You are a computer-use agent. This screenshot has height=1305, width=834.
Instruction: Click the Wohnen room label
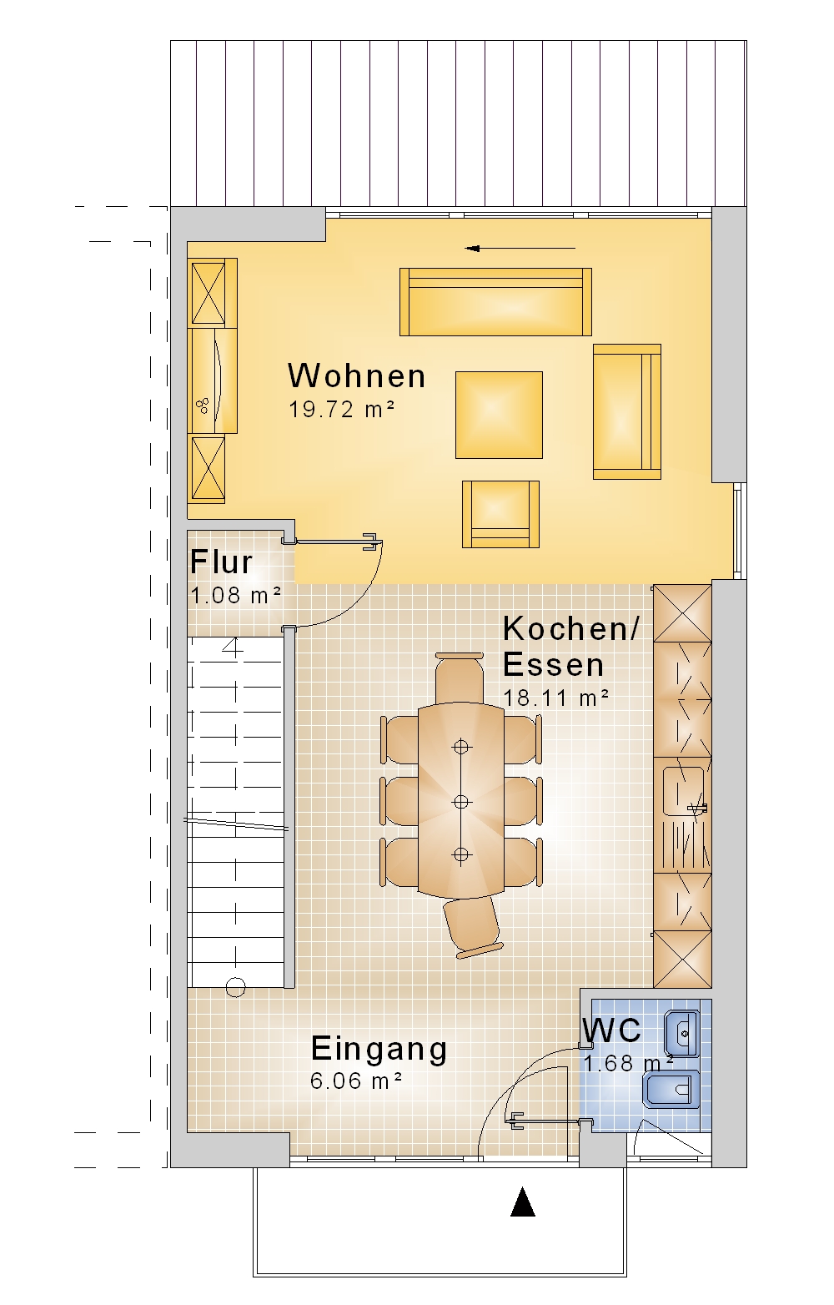[x=356, y=375]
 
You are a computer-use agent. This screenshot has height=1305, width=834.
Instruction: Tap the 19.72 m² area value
[x=342, y=409]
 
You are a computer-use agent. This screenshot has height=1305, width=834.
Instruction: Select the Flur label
[x=221, y=562]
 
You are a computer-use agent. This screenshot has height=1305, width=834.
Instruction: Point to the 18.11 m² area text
[x=555, y=698]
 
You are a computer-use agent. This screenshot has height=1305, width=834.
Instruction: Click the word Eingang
[x=379, y=1050]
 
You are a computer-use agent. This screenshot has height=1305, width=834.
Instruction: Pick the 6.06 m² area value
[x=356, y=1081]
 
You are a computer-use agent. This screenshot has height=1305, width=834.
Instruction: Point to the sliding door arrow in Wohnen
[x=520, y=248]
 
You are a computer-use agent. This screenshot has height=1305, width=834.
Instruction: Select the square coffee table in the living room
[x=499, y=415]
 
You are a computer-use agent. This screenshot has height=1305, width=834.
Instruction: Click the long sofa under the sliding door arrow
[x=495, y=302]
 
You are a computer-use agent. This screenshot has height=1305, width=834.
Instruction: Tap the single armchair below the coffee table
[x=501, y=514]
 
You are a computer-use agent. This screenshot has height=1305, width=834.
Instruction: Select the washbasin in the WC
[x=682, y=1034]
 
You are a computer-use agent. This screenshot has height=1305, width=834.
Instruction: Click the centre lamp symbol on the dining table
[x=461, y=802]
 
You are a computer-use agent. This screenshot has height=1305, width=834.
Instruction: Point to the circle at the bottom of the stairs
[x=235, y=987]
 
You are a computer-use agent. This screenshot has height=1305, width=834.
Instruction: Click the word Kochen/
[x=570, y=629]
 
